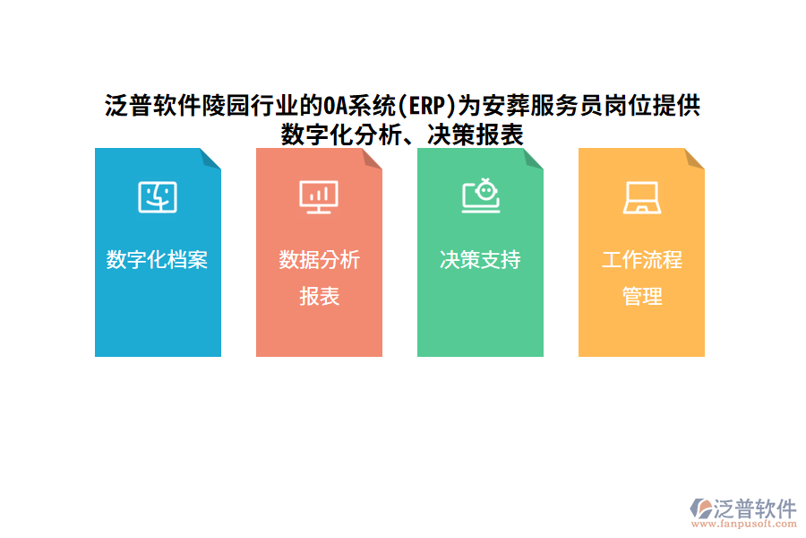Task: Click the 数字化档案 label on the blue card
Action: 158,260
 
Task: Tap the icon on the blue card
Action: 158,196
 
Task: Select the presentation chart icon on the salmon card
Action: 319,196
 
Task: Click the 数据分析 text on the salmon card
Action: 319,260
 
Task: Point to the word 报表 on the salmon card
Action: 319,297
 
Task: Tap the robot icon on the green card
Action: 481,195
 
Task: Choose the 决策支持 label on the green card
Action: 480,260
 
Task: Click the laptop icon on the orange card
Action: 641,197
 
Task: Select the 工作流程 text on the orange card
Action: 641,260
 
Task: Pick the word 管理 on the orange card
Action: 641,297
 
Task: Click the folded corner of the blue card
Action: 211,158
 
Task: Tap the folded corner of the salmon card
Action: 373,158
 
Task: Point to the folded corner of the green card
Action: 534,158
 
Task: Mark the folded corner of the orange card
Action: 695,158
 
